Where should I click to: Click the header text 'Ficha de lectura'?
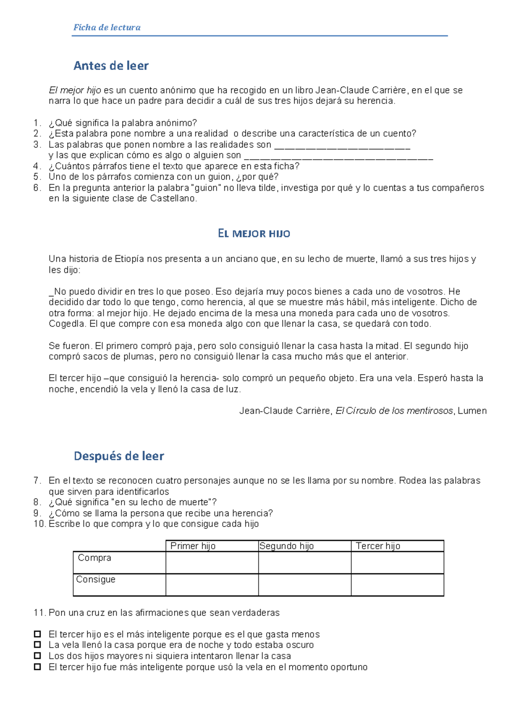click(107, 27)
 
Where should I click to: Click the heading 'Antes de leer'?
click(111, 66)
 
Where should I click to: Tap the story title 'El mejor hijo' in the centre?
click(254, 233)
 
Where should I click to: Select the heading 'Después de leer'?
click(119, 456)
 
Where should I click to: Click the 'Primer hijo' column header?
click(193, 546)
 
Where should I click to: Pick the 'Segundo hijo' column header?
click(287, 546)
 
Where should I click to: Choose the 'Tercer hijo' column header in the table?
click(378, 546)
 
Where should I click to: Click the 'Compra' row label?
click(95, 558)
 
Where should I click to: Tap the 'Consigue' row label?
click(96, 579)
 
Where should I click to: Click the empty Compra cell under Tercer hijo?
click(397, 562)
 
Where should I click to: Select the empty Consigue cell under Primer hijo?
click(212, 584)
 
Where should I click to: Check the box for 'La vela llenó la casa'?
click(37, 645)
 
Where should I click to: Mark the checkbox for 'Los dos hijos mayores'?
click(37, 656)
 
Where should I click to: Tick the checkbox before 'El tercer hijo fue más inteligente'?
click(37, 667)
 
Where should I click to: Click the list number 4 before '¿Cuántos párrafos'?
click(37, 166)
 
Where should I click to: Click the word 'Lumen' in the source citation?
click(472, 411)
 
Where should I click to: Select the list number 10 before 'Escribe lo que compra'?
click(39, 524)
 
